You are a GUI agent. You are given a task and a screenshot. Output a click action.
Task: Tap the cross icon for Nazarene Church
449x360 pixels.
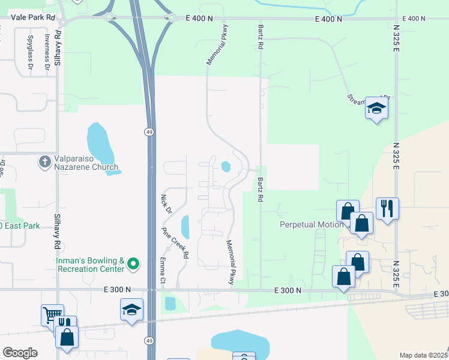(44, 162)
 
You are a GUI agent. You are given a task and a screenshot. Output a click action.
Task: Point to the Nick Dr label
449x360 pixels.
(166, 204)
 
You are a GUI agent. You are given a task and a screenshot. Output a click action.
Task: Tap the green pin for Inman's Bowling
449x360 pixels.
(134, 263)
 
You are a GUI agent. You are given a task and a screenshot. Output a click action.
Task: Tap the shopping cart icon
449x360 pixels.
(52, 314)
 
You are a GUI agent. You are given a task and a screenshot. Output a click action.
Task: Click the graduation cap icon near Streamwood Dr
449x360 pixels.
(376, 108)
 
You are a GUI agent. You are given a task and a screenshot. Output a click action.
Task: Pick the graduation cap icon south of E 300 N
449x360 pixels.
(131, 310)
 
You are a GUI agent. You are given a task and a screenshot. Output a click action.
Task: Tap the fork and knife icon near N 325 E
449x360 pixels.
(387, 208)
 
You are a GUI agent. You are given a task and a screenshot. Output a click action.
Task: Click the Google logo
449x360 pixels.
(20, 353)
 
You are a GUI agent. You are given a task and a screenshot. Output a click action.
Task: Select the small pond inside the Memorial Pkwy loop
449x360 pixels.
(226, 167)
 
